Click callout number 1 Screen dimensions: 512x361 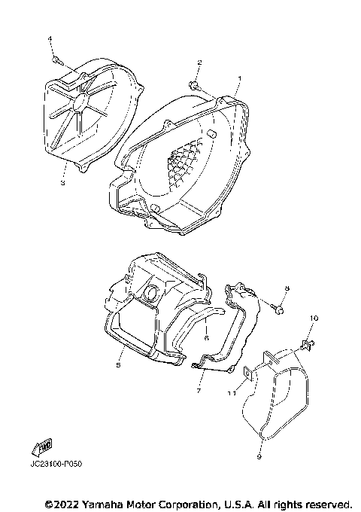[239, 78]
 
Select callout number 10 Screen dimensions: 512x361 [314, 318]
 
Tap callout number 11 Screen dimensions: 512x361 [232, 392]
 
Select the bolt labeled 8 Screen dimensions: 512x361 [278, 308]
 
